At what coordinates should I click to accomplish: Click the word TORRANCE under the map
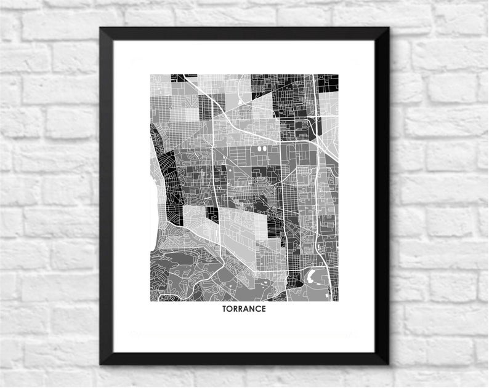pyautogui.click(x=244, y=309)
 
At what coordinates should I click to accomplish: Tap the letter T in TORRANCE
pyautogui.click(x=225, y=309)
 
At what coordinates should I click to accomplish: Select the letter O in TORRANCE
pyautogui.click(x=231, y=309)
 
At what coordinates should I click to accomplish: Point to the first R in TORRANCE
pyautogui.click(x=236, y=309)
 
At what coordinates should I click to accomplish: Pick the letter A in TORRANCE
pyautogui.click(x=247, y=309)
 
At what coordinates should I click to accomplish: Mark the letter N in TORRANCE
pyautogui.click(x=253, y=309)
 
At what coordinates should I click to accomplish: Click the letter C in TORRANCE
pyautogui.click(x=258, y=309)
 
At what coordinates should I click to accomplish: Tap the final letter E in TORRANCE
pyautogui.click(x=264, y=309)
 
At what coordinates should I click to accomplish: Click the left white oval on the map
pyautogui.click(x=259, y=148)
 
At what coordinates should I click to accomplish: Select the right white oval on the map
pyautogui.click(x=265, y=148)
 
